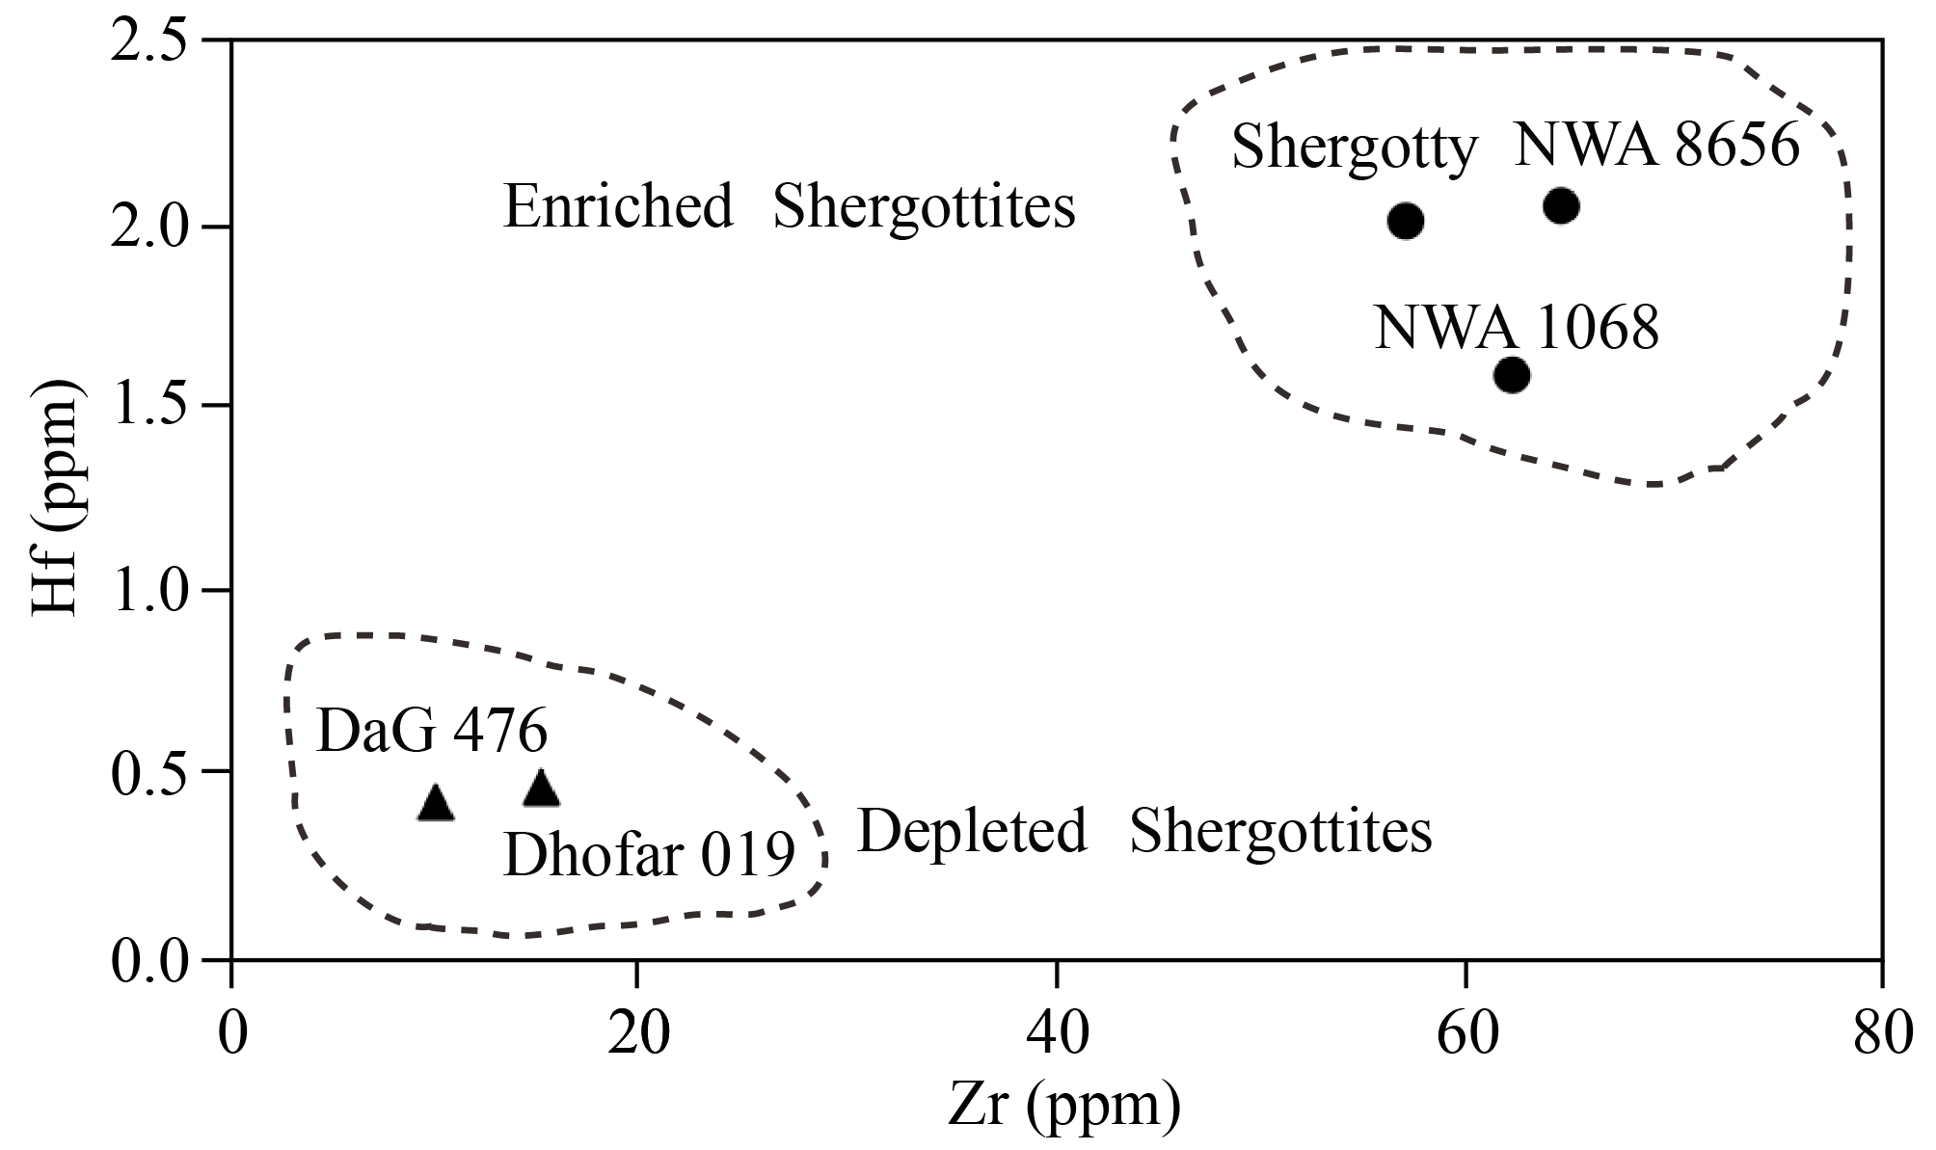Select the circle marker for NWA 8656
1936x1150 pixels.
[x=1561, y=205]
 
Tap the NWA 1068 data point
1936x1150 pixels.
[x=1511, y=374]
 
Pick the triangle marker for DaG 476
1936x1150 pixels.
[x=436, y=804]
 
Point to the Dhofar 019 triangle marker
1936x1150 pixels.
[x=541, y=789]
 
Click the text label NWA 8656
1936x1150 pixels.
[x=1656, y=147]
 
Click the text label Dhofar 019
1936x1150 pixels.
[x=649, y=854]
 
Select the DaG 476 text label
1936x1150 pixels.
[x=432, y=732]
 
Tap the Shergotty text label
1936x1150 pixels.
[x=1355, y=149]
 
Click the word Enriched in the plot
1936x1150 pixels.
[x=618, y=207]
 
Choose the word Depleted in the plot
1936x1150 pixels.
[x=972, y=831]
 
